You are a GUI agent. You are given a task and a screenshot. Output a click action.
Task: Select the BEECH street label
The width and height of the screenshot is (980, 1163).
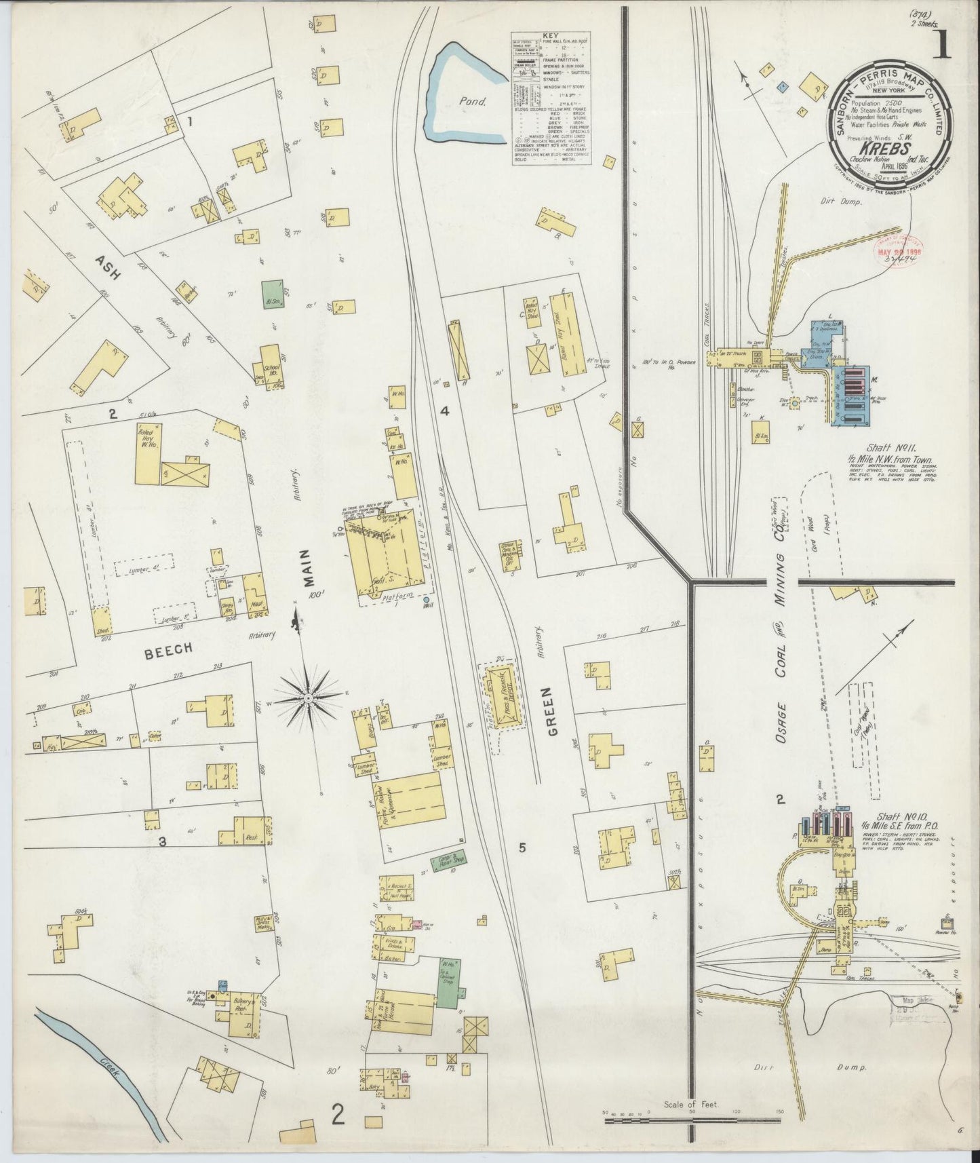[168, 649]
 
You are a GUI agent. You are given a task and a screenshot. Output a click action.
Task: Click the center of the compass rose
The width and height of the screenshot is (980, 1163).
[309, 698]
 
